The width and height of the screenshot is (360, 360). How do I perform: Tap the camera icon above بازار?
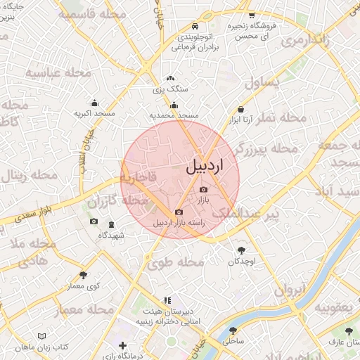[x=204, y=189]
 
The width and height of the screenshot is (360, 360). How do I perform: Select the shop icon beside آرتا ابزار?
[x=242, y=110]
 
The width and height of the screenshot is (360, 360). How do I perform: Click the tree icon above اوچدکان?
[x=241, y=250]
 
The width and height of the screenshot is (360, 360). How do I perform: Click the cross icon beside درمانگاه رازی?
[x=123, y=345]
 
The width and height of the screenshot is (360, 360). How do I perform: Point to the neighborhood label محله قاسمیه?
[x=87, y=14]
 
